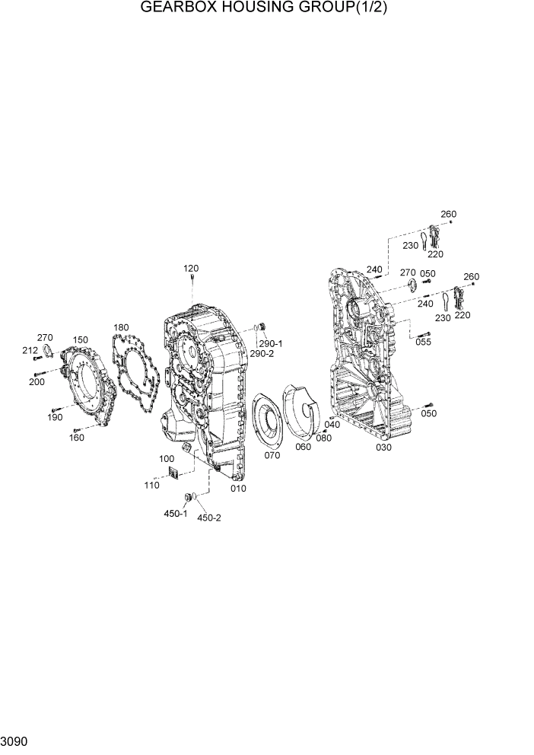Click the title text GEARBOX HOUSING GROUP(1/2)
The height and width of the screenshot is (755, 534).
[267, 8]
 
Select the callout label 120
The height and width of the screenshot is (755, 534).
[190, 269]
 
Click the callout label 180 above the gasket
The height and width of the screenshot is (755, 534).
[122, 328]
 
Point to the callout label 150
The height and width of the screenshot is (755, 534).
[80, 340]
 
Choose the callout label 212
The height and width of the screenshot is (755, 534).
[30, 350]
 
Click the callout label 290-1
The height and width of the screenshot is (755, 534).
[270, 343]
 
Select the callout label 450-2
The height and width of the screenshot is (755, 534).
[209, 518]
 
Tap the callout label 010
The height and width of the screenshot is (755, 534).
[238, 488]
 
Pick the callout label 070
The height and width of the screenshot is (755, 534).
[272, 455]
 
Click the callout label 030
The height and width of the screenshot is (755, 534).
[384, 448]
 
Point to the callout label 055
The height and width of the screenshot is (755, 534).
[424, 342]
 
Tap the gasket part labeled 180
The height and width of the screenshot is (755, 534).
[137, 374]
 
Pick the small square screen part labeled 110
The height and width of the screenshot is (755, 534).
[173, 475]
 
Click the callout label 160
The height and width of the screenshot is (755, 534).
[77, 438]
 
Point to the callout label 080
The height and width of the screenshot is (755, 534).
[324, 438]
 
